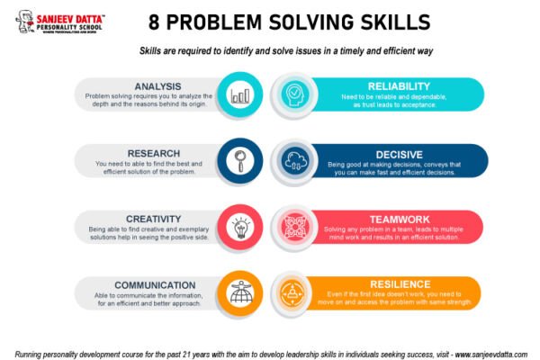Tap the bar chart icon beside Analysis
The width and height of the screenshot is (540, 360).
click(x=240, y=94)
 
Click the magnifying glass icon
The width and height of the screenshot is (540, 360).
click(x=240, y=161)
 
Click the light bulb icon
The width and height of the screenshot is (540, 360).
click(x=240, y=227)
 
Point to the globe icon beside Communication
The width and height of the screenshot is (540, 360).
click(x=240, y=293)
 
